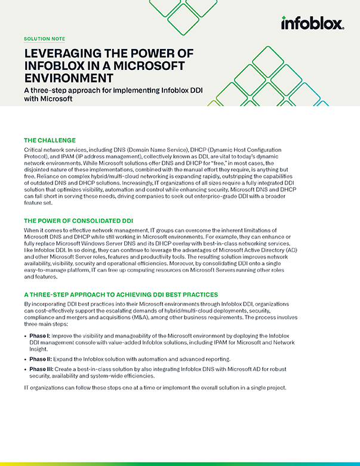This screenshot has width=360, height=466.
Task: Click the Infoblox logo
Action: point(312,23)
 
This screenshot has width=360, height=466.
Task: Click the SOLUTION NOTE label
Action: point(45,39)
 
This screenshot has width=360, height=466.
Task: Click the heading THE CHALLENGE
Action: point(50,140)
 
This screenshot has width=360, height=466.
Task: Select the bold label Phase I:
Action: point(39,336)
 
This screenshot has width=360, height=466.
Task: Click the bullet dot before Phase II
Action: point(26,360)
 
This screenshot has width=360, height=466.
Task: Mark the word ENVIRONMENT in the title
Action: point(68,77)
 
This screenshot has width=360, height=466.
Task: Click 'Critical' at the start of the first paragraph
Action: point(35,148)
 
